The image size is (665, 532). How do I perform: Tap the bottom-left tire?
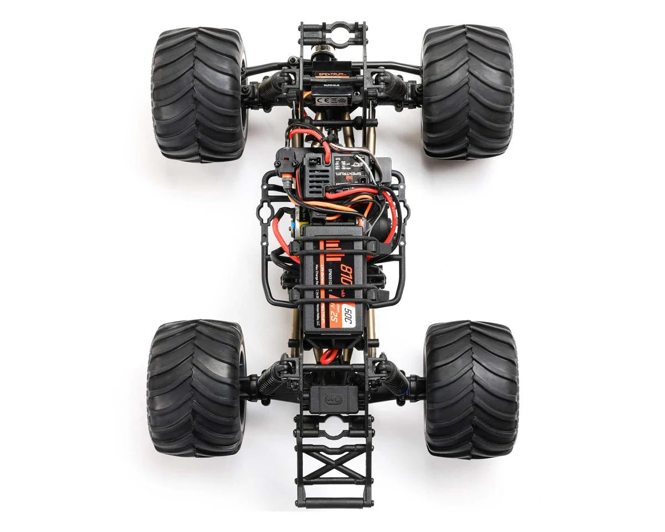point(195,388)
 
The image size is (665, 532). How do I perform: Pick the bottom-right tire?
point(471,389)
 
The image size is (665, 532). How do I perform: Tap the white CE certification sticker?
point(331,100)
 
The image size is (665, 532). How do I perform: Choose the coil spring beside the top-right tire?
point(395,85)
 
